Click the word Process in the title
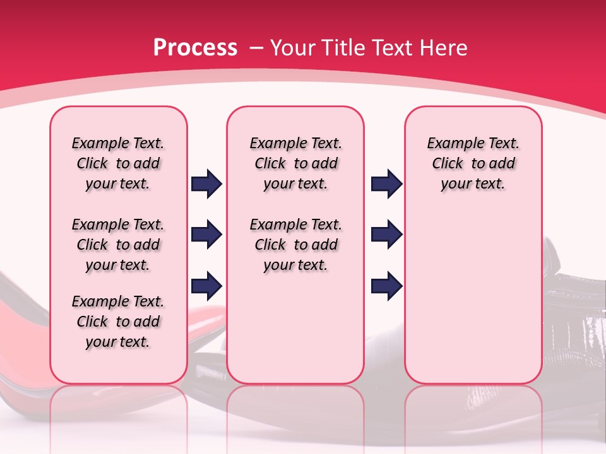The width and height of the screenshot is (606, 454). tap(195, 48)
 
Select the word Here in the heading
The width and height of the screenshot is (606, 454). tap(444, 48)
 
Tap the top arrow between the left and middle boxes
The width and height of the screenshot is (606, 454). tap(207, 184)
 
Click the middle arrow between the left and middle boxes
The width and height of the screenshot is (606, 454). tap(207, 235)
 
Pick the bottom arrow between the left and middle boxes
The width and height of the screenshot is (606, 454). tap(207, 286)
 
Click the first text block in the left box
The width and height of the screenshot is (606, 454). tap(118, 163)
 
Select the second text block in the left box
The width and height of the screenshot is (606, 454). tap(118, 245)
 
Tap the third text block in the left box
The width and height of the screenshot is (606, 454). tap(118, 322)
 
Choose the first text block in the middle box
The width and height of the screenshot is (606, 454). tap(295, 163)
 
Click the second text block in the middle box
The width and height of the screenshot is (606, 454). tap(295, 245)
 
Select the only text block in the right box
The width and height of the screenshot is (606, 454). tap(473, 163)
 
